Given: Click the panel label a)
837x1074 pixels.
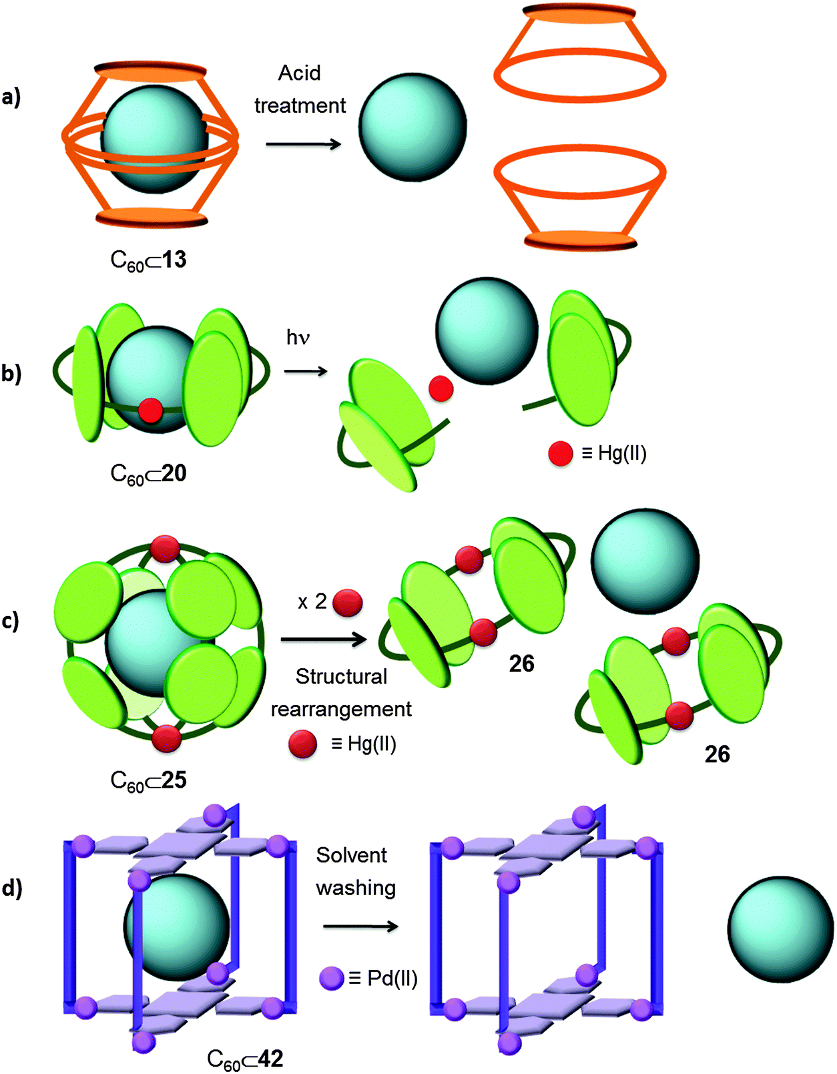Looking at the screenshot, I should click(11, 97).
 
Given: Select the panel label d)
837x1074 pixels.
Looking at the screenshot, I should click(11, 888).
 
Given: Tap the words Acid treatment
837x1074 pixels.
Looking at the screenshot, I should click(300, 89).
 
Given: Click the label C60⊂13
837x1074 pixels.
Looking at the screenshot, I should click(148, 260).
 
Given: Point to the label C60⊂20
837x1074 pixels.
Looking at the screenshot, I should click(148, 474).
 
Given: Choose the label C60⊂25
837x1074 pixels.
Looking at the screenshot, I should click(148, 781).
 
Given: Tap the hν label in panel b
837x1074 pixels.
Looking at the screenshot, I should click(298, 338).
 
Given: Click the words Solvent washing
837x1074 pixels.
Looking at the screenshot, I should click(356, 871).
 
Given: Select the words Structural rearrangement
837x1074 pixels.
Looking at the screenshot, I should click(341, 693).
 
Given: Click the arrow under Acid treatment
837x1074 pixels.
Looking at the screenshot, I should click(303, 144).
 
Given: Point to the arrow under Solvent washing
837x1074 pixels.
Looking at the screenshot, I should click(360, 926).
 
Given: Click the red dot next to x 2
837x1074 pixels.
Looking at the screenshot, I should click(347, 602).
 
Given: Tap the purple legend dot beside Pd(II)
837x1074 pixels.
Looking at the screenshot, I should click(332, 979).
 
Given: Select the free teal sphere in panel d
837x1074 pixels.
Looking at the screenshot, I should click(780, 929).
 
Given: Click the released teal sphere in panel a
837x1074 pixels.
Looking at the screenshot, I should click(412, 127).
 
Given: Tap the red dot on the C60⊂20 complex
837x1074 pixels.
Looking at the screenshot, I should click(150, 410).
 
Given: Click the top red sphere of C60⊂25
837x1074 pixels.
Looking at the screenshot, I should click(165, 549).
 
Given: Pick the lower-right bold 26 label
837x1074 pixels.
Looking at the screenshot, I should click(717, 754).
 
